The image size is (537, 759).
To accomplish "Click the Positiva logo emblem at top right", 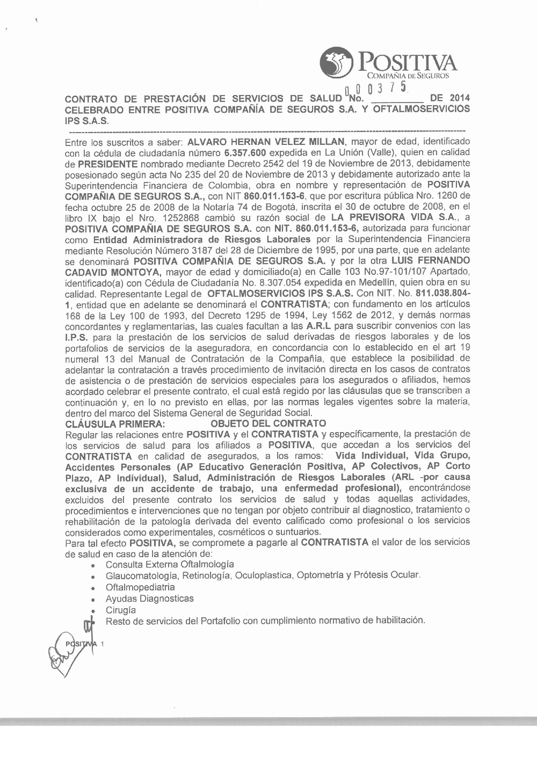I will point(337,63).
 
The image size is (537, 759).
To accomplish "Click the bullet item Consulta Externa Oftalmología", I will point(170,564).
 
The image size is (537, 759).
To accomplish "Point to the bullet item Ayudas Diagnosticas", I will point(150,599).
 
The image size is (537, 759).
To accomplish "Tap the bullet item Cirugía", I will point(121,610).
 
